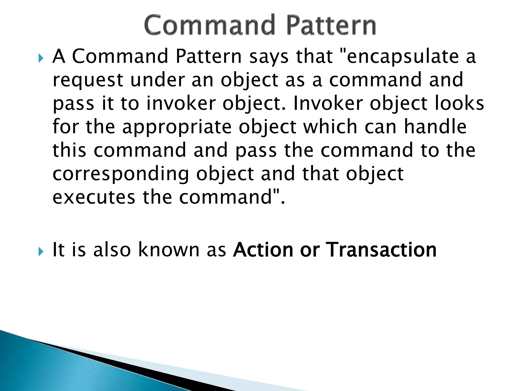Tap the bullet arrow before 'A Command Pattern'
(41, 59)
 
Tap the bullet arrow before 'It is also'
(41, 252)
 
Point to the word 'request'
(88, 80)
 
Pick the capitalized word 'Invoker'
(328, 103)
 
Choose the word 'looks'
(459, 103)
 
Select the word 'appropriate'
(177, 127)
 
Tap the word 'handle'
(435, 127)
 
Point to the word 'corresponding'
(121, 175)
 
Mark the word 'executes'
(94, 198)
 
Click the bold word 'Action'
(263, 250)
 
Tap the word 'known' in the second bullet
(169, 250)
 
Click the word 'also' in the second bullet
(112, 250)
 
